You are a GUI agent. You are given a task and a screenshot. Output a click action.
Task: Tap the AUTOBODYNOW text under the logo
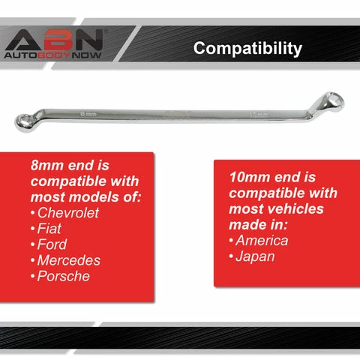click(x=52, y=55)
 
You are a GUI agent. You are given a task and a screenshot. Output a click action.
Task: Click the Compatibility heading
click(x=247, y=49)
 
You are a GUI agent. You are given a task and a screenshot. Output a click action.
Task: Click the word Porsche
click(x=64, y=276)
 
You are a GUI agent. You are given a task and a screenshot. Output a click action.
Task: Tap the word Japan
click(x=256, y=256)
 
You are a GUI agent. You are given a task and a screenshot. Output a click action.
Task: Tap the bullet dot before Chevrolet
click(x=33, y=214)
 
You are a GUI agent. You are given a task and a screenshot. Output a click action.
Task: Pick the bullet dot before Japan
click(x=231, y=257)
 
